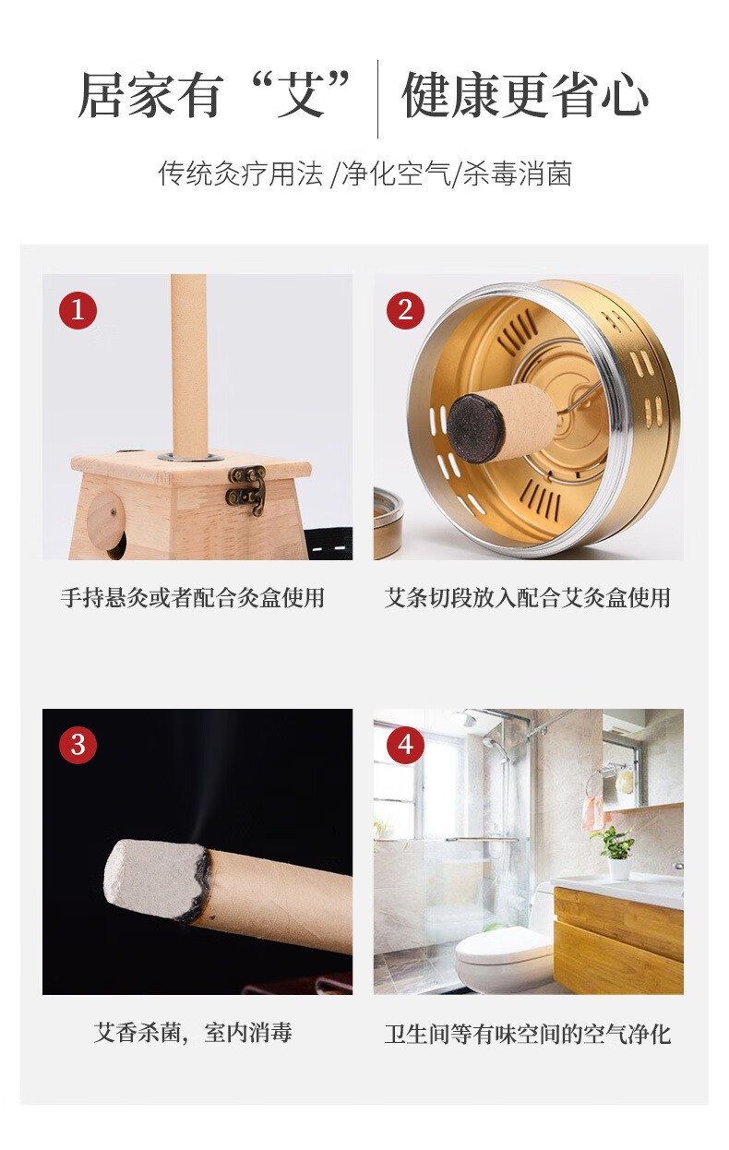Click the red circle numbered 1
click(x=78, y=309)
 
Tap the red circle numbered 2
click(x=405, y=309)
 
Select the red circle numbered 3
click(x=78, y=745)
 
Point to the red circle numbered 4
click(x=405, y=745)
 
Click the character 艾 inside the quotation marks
click(x=301, y=95)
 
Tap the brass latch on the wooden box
click(x=247, y=488)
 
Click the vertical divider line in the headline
click(x=377, y=99)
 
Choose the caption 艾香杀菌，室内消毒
click(x=193, y=1033)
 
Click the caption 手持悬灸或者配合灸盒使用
click(x=193, y=597)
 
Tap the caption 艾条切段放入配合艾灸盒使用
click(x=528, y=597)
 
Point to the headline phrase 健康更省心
click(x=525, y=95)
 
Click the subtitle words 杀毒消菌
click(x=518, y=173)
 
